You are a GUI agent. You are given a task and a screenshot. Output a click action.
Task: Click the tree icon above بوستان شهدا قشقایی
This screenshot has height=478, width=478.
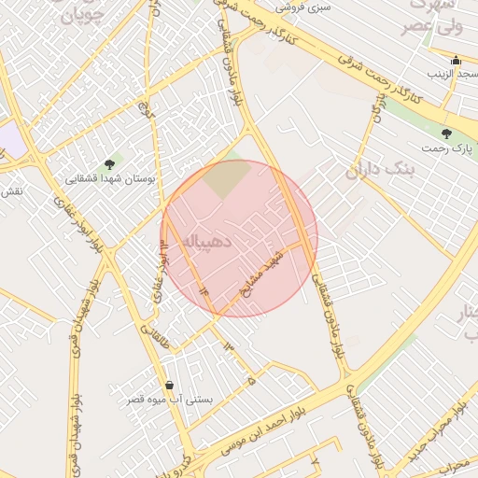click(110, 164)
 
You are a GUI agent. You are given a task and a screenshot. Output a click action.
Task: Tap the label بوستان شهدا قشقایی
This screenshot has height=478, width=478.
click(111, 177)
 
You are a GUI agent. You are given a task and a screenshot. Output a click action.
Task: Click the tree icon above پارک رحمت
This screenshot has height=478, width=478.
click(446, 134)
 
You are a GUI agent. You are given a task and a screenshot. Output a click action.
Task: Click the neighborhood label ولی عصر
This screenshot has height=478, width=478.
click(437, 26)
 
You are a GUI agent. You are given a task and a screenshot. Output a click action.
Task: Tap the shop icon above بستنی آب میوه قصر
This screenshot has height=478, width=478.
click(169, 385)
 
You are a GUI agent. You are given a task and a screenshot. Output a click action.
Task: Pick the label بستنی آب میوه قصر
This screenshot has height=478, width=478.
click(171, 400)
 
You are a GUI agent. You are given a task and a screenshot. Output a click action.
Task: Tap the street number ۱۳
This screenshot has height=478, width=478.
click(227, 346)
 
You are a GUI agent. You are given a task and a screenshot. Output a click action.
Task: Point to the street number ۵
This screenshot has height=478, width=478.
click(251, 380)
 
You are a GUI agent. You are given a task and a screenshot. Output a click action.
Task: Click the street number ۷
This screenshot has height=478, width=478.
click(315, 462)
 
